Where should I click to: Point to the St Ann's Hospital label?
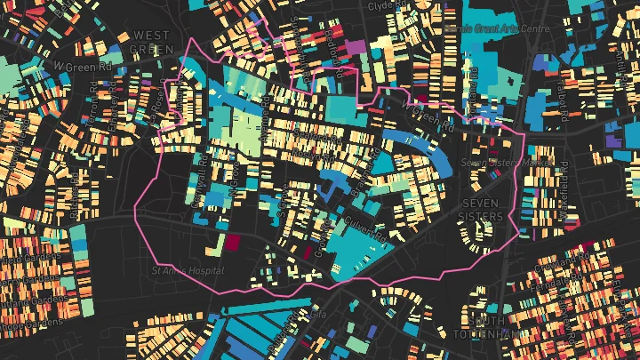(x=188, y=270)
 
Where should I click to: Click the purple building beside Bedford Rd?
(x=355, y=47)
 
